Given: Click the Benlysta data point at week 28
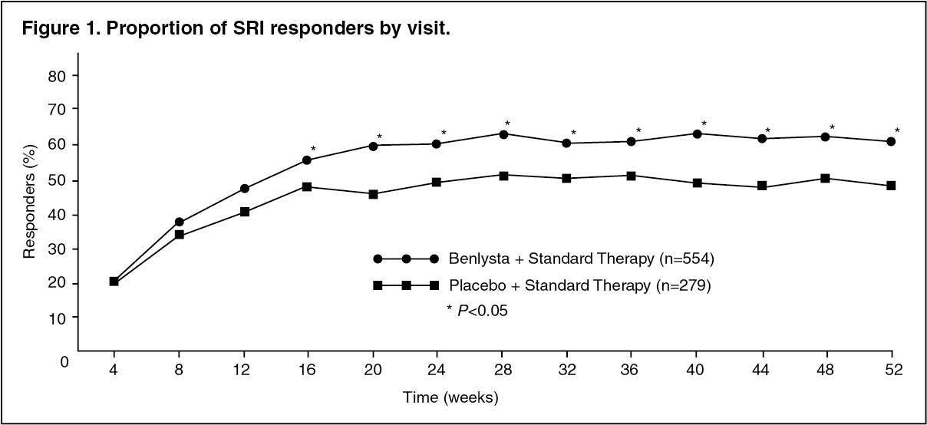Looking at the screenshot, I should [x=503, y=134].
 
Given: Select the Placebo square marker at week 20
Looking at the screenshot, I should [x=374, y=194].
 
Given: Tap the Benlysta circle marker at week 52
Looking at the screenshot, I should [x=891, y=142].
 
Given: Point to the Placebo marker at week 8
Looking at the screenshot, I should [x=179, y=235].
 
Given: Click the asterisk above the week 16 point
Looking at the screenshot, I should [x=313, y=149].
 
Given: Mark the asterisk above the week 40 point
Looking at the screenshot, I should [x=704, y=124].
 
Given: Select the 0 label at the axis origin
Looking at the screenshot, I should [x=65, y=360].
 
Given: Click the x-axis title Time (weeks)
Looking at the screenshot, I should [x=451, y=397].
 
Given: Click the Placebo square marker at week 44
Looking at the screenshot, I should [x=762, y=186].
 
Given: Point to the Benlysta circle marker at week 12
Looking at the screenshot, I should [x=244, y=189].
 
